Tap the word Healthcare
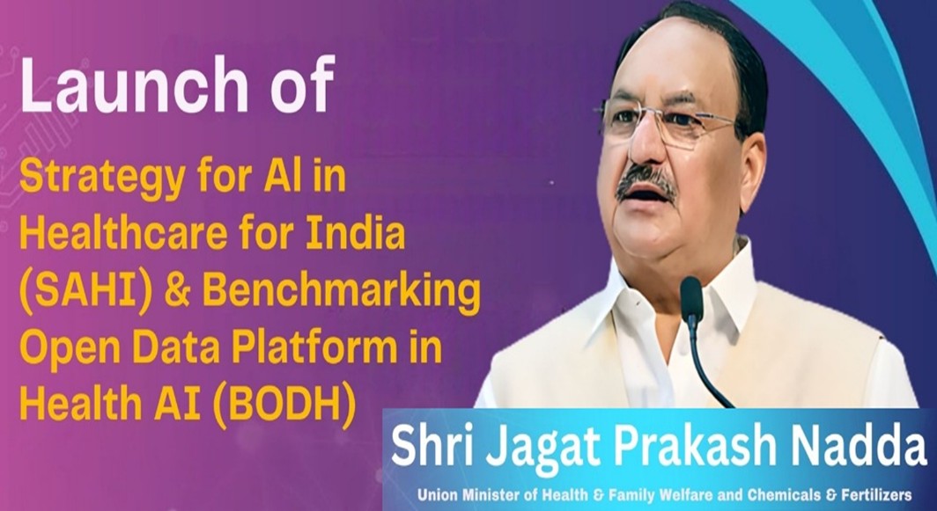tap(123, 235)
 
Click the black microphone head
tap(691, 298)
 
